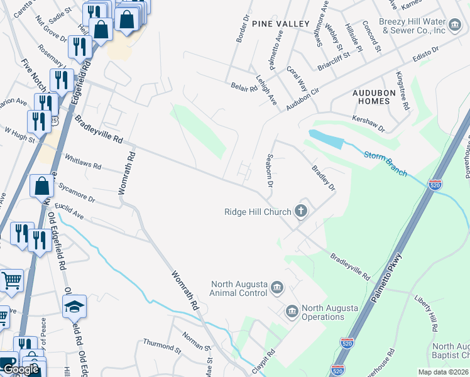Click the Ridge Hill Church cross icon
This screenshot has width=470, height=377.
[301, 210]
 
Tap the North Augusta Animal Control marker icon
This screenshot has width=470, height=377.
[277, 288]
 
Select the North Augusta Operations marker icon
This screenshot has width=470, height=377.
[292, 311]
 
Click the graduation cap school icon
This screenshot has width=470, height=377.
[74, 307]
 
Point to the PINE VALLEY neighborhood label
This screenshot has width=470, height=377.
[281, 24]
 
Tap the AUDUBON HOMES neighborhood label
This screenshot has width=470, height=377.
[374, 97]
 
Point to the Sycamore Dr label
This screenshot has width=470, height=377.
[76, 193]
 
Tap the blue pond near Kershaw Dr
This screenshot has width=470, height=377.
[325, 138]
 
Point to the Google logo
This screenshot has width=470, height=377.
[21, 369]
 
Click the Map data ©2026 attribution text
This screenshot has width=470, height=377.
[444, 372]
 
